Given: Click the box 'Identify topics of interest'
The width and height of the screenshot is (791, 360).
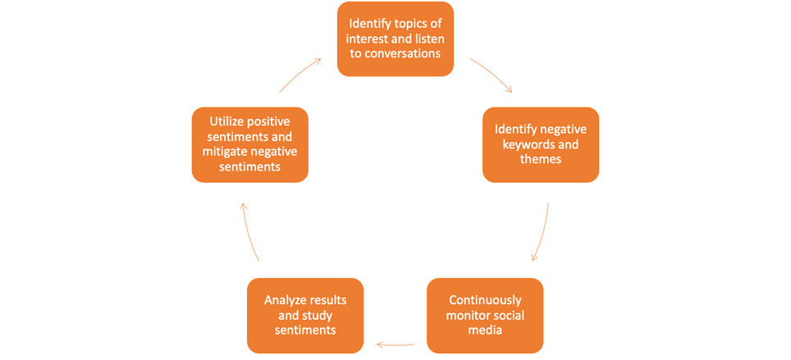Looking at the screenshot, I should click(395, 39).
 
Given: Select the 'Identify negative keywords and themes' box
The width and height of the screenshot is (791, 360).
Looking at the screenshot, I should click(540, 144).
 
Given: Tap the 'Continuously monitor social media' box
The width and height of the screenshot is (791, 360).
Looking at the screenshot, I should click(484, 314).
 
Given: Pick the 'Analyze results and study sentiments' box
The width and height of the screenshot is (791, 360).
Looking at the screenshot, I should click(305, 315).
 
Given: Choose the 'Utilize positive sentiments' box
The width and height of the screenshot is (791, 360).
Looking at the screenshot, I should click(250, 144).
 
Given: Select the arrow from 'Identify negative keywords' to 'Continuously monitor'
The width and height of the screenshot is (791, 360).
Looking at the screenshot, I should click(542, 234).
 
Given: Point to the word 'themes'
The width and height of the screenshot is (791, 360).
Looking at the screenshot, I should click(541, 159).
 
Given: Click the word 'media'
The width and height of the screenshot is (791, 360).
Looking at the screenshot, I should click(484, 330).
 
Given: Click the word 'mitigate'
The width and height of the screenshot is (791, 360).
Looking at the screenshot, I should click(226, 152).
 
